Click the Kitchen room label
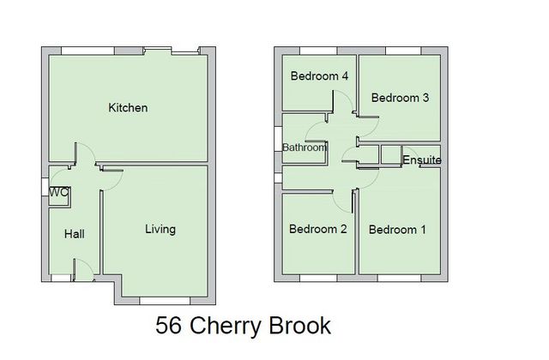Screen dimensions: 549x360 click(x=128, y=108)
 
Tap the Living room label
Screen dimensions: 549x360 click(x=160, y=230)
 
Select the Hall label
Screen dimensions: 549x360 click(x=75, y=234)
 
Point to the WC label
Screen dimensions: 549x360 click(x=59, y=192)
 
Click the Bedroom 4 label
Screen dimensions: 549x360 click(x=319, y=76)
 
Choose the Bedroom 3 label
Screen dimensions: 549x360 click(x=400, y=98)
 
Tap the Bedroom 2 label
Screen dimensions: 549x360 click(x=318, y=229)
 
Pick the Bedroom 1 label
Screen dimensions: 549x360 click(x=397, y=230)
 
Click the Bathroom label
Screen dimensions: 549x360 click(x=305, y=147)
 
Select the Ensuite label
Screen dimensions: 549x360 click(x=422, y=160)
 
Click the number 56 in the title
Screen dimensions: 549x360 click(x=169, y=326)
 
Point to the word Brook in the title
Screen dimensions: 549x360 click(x=300, y=326)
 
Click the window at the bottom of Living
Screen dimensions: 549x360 click(x=165, y=301)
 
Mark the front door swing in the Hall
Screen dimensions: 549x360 click(x=84, y=269)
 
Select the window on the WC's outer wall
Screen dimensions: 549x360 click(x=45, y=187)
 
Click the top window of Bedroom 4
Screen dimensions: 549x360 click(x=318, y=51)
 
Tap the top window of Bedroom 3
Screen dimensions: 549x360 click(x=403, y=51)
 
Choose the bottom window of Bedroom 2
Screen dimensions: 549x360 click(x=318, y=278)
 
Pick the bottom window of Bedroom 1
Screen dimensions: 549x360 click(x=400, y=278)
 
